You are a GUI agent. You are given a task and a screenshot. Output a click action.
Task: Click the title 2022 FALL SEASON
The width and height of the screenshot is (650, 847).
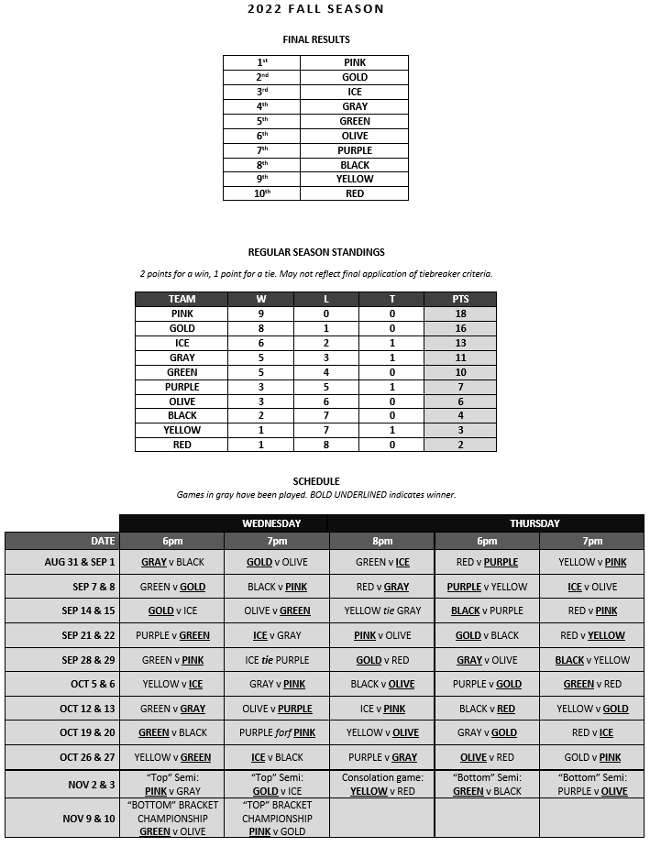pyautogui.click(x=315, y=9)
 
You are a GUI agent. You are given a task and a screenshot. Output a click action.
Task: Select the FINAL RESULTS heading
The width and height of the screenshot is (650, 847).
pyautogui.click(x=315, y=39)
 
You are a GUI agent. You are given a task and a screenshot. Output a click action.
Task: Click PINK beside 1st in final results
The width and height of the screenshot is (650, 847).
pyautogui.click(x=354, y=62)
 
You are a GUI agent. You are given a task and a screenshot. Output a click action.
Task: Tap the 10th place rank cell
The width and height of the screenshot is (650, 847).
pyautogui.click(x=261, y=193)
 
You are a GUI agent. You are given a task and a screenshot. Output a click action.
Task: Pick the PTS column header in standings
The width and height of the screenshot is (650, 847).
pyautogui.click(x=460, y=299)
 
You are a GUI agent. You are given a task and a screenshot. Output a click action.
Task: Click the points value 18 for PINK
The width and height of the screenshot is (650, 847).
pyautogui.click(x=460, y=313)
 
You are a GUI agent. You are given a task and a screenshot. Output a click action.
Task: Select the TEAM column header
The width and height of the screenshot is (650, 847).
pyautogui.click(x=182, y=299)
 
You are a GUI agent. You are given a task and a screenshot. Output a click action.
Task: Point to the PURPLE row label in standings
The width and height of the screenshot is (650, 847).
pyautogui.click(x=182, y=387)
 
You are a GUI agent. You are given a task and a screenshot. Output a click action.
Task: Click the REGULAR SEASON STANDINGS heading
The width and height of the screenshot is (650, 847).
pyautogui.click(x=315, y=252)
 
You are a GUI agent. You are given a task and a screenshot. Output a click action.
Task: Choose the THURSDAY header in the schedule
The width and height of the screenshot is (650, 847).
pyautogui.click(x=534, y=523)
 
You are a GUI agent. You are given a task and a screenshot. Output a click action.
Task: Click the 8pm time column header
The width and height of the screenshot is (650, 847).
pyautogui.click(x=382, y=541)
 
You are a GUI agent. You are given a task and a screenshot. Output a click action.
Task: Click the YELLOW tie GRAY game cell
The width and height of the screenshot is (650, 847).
pyautogui.click(x=382, y=610)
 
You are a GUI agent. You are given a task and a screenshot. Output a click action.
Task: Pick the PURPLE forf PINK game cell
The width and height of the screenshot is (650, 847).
pyautogui.click(x=277, y=732)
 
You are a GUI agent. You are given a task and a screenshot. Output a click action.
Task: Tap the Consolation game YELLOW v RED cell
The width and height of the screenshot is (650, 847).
pyautogui.click(x=382, y=785)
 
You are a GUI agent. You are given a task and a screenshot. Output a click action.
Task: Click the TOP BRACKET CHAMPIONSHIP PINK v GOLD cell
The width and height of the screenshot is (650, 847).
pyautogui.click(x=277, y=819)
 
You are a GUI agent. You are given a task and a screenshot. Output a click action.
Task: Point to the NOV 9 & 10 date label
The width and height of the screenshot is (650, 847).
pyautogui.click(x=88, y=819)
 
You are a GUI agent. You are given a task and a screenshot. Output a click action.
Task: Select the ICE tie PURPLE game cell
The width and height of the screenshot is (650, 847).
pyautogui.click(x=277, y=660)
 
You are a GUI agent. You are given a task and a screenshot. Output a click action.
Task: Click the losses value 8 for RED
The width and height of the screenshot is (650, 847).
pyautogui.click(x=326, y=445)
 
